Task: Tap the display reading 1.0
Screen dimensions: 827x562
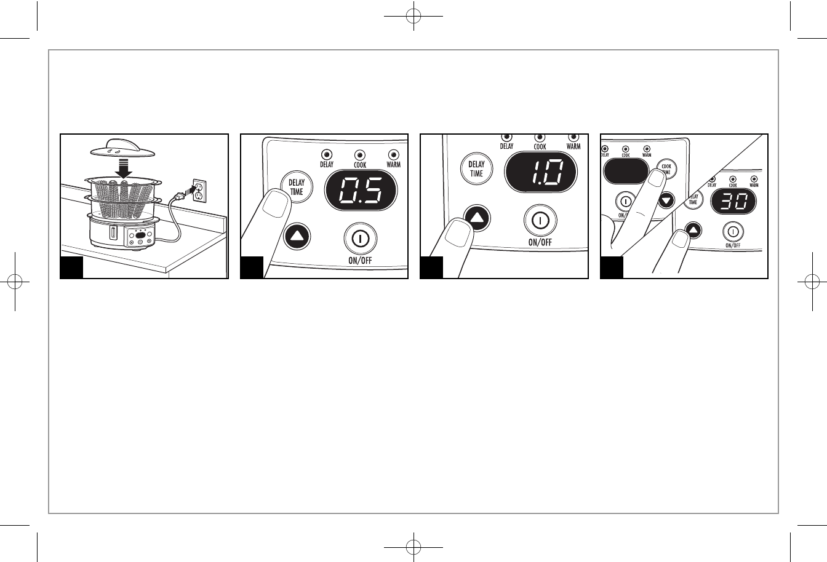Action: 541,172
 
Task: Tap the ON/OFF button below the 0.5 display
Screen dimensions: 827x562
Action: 360,238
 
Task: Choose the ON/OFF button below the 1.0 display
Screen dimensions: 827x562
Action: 540,220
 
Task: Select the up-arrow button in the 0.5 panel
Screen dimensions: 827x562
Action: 297,235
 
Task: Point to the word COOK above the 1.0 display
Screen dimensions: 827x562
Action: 540,146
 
